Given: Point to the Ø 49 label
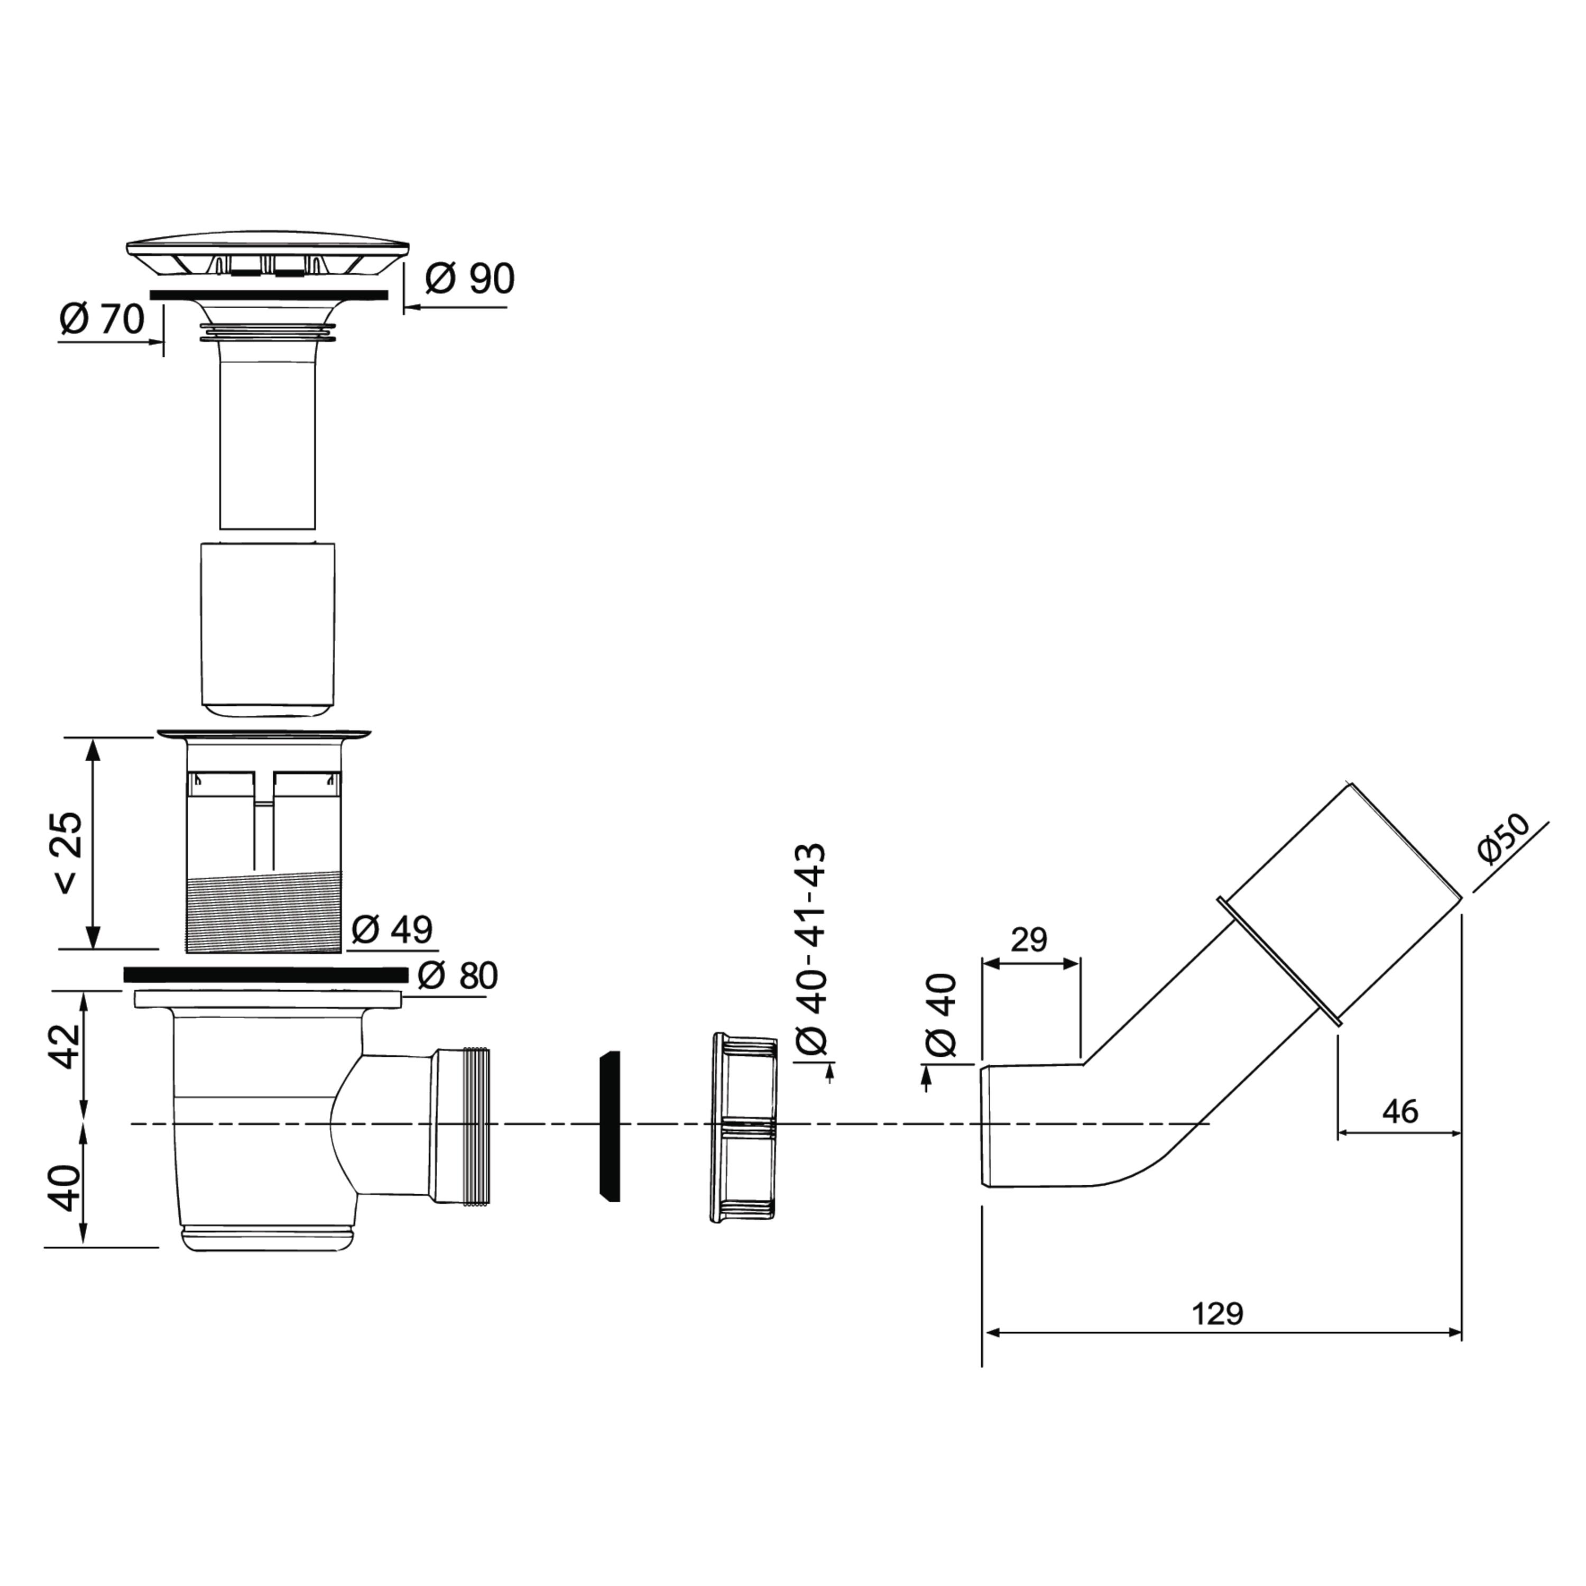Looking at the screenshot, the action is point(392,929).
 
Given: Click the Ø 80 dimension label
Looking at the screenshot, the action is point(457,975).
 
